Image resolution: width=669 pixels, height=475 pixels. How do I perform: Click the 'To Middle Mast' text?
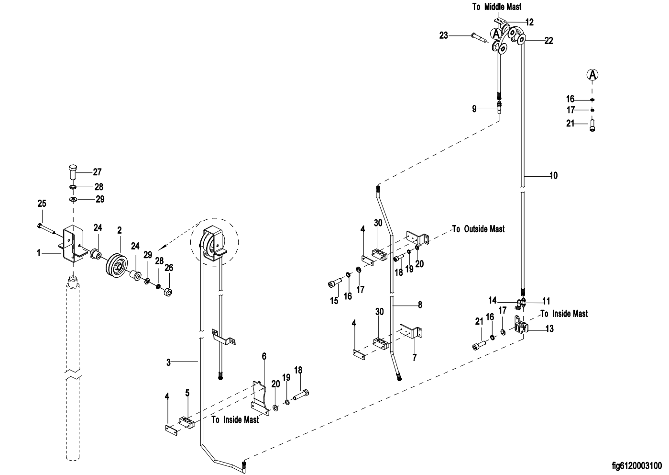tap(496, 7)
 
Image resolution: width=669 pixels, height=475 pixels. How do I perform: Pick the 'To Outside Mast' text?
tap(478, 229)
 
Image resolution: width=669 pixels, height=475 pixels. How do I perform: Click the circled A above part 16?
tap(592, 75)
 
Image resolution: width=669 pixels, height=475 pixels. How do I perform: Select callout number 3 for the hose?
tap(168, 362)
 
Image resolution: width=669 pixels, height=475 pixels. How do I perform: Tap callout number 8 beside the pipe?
tap(420, 305)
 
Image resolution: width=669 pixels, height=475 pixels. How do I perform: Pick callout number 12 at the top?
tap(530, 22)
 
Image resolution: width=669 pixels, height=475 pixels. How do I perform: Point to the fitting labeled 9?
tap(499, 106)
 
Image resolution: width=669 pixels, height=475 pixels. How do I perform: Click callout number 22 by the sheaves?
tap(549, 41)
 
